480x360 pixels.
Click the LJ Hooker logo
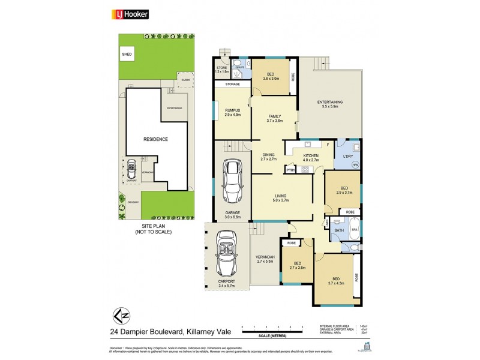(131, 14)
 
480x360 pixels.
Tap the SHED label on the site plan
(127, 54)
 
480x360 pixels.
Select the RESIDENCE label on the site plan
(155, 139)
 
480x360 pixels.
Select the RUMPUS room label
(232, 112)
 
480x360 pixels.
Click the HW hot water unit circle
(355, 164)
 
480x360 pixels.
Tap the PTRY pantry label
(291, 170)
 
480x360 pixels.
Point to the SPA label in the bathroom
(354, 230)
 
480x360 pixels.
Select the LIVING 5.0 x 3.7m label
(280, 197)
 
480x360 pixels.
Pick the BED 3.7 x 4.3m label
(335, 281)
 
